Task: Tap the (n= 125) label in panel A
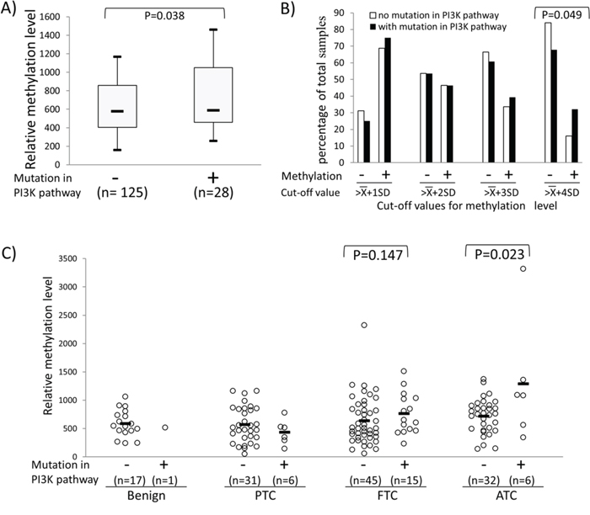point(119,193)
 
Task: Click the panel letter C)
point(13,252)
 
